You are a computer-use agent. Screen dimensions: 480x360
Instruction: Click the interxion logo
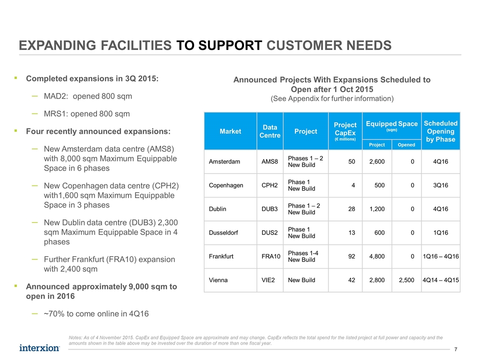point(39,348)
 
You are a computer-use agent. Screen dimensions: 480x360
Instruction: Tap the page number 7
point(456,349)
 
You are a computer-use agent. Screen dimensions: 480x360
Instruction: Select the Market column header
point(230,131)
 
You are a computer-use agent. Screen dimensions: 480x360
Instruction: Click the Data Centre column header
point(270,131)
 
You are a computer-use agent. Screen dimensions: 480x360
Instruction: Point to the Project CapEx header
point(345,131)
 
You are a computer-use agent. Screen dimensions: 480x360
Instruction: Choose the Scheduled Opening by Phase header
point(440,131)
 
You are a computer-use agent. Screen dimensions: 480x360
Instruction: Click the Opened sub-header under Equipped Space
point(406,145)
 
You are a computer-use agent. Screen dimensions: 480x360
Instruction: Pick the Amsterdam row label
point(224,161)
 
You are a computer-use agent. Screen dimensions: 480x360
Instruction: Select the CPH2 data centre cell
point(269,185)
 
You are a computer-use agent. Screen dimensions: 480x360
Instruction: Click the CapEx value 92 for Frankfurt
point(351,256)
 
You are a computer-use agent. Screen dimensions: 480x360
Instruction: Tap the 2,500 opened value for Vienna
point(406,280)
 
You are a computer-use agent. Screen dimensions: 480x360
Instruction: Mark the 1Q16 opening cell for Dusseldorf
point(440,232)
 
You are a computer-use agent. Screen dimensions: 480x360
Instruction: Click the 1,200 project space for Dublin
point(377,209)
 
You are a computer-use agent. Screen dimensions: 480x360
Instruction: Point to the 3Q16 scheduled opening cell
point(440,185)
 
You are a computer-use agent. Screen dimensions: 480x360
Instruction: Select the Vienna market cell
point(218,280)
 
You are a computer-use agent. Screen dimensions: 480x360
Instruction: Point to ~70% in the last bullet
point(54,314)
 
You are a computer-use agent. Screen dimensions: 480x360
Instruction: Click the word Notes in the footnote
point(75,337)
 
